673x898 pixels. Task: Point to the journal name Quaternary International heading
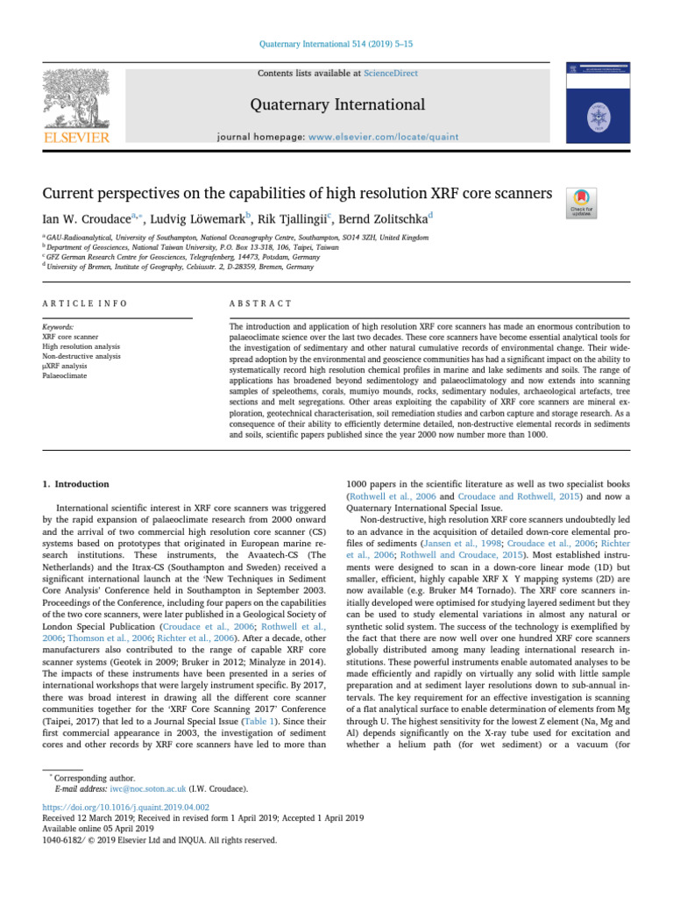pos(337,105)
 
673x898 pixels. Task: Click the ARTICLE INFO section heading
pos(84,303)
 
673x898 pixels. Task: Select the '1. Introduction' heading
pos(77,484)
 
